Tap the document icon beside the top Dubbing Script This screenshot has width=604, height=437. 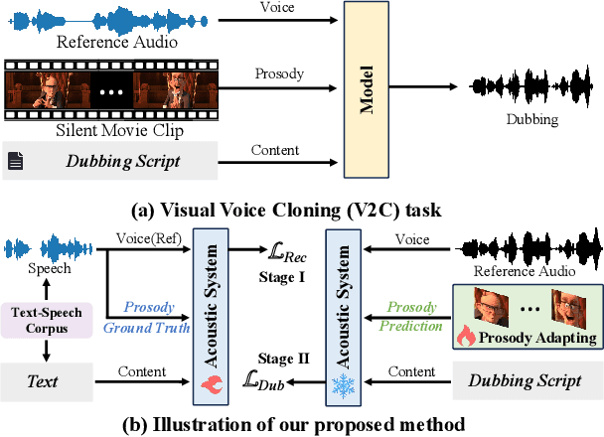tap(15, 162)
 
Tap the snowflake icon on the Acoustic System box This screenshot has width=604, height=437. tap(342, 383)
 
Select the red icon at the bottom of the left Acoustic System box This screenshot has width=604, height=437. tap(217, 383)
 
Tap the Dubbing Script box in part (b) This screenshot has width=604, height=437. tap(515, 379)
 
